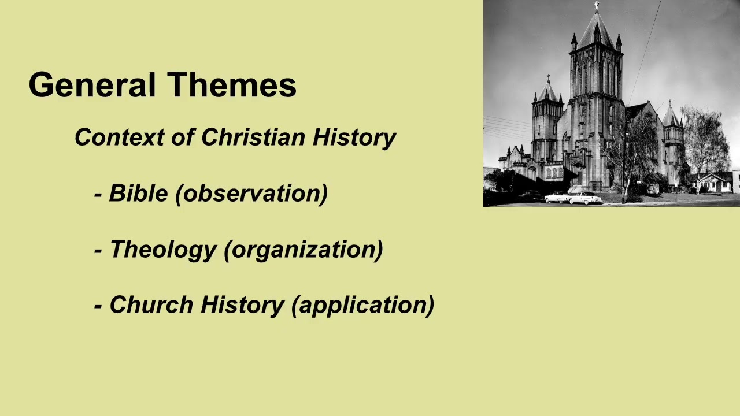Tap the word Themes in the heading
[232, 85]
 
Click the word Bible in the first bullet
[138, 194]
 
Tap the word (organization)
[303, 250]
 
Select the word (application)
[362, 305]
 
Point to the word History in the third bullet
[242, 305]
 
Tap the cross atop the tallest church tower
[596, 6]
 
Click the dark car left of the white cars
[530, 196]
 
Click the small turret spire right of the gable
[671, 116]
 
